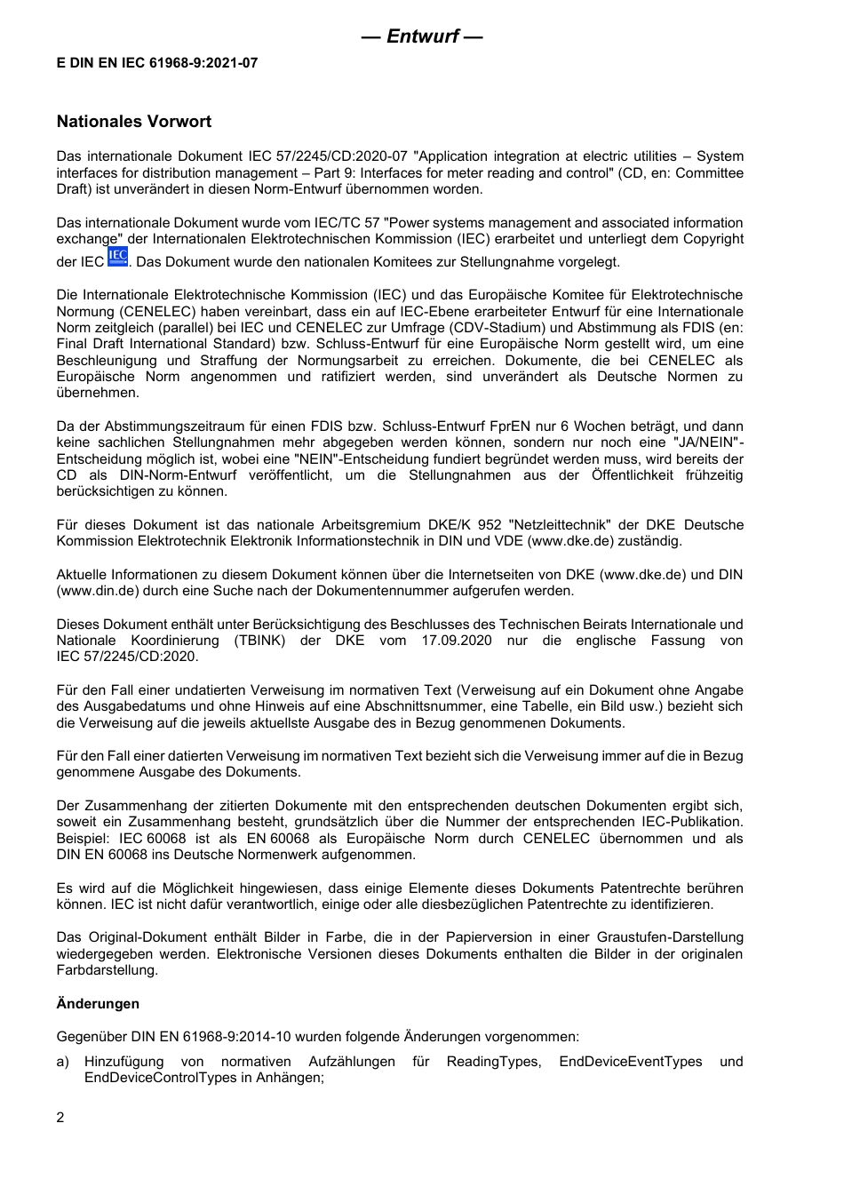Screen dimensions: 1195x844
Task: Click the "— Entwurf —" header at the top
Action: coord(422,36)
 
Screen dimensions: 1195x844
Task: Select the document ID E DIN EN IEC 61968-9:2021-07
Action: coord(157,63)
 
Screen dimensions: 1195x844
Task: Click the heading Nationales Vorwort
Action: coord(134,122)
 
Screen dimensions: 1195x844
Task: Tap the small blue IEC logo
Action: coord(117,258)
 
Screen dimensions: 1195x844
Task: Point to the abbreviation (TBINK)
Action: coord(260,641)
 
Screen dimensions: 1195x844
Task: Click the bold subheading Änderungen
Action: coord(98,1004)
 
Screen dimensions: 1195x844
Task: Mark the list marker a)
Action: coord(63,1062)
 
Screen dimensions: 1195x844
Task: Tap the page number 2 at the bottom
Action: coord(60,1118)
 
